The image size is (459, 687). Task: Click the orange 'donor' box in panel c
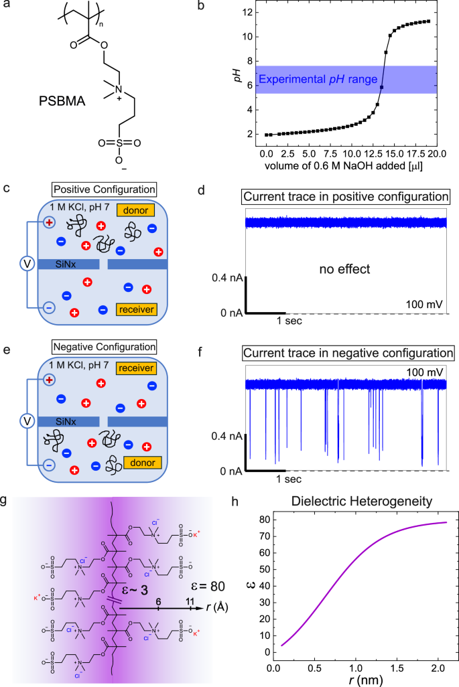[137, 211]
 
